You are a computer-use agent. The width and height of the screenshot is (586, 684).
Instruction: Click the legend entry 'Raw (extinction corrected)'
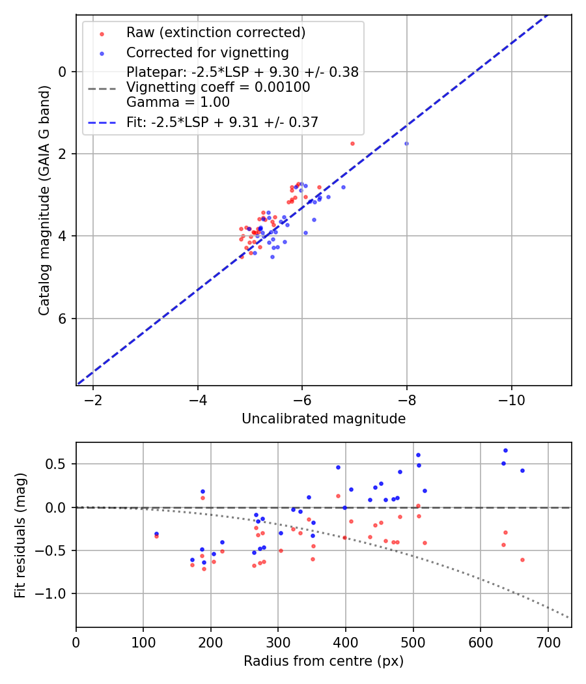[216, 33]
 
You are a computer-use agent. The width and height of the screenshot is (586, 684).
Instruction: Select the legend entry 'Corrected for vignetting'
[207, 52]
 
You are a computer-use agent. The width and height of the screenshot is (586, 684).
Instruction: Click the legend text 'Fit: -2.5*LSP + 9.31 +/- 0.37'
[222, 122]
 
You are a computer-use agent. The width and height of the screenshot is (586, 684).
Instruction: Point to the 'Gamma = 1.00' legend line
[178, 102]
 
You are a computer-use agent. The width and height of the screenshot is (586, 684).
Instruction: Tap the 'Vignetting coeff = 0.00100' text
[218, 87]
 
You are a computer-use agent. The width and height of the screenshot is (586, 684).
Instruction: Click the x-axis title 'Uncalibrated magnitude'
[324, 419]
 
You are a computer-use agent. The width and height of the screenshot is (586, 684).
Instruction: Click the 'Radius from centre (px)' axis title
[324, 661]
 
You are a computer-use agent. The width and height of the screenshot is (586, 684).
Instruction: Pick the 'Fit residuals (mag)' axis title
[21, 535]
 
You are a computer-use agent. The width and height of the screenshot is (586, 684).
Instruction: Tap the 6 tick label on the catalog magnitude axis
[63, 319]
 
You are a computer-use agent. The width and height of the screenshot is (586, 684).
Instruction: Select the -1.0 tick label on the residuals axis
[55, 593]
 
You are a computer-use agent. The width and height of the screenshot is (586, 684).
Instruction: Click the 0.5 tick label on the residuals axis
[59, 464]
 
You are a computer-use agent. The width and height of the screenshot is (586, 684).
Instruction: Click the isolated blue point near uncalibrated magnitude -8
[406, 143]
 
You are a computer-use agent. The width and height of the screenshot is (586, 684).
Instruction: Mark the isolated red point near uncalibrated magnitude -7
[352, 143]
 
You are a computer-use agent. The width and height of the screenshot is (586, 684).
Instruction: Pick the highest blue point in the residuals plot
[505, 450]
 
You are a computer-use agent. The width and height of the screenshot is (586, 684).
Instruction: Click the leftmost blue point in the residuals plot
[156, 534]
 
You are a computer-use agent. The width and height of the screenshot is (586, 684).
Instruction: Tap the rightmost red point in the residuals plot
[522, 560]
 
